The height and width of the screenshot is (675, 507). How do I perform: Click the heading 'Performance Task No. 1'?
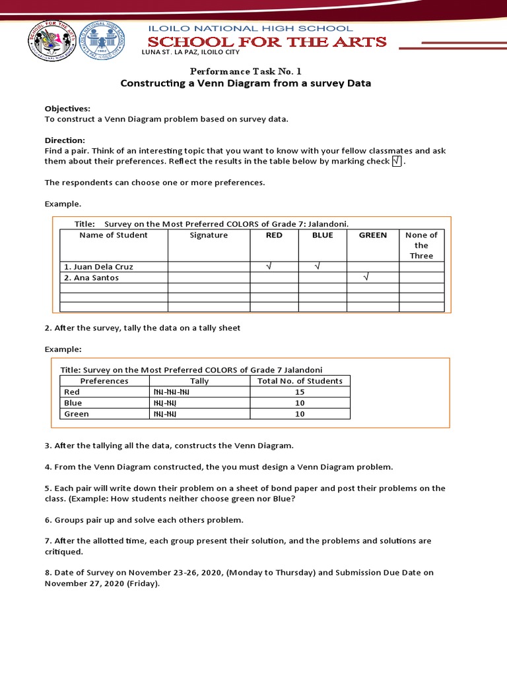tap(245, 71)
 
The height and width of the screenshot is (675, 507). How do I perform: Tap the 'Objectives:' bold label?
tap(67, 108)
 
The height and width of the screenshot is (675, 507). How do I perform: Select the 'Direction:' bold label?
tap(65, 140)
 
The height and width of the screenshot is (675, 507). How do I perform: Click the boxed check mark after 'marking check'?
tap(396, 161)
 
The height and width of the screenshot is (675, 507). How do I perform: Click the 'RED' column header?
tap(274, 235)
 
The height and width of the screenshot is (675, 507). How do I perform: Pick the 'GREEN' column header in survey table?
tap(373, 235)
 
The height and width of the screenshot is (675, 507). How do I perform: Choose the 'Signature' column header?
tap(209, 235)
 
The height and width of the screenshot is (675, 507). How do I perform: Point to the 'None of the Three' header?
tap(421, 245)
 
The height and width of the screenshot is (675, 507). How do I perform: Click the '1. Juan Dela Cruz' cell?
tap(99, 267)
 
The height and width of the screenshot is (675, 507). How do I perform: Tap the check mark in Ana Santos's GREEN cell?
tap(366, 278)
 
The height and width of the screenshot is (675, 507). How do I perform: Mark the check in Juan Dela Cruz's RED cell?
tap(268, 267)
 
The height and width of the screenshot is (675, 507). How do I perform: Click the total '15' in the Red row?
tap(300, 392)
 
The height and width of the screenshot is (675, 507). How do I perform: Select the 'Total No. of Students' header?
tap(300, 381)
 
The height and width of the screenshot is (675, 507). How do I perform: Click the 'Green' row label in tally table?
tap(77, 414)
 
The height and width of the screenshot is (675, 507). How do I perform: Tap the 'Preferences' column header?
tap(104, 381)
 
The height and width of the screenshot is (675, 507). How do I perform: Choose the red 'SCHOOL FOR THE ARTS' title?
tap(267, 42)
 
